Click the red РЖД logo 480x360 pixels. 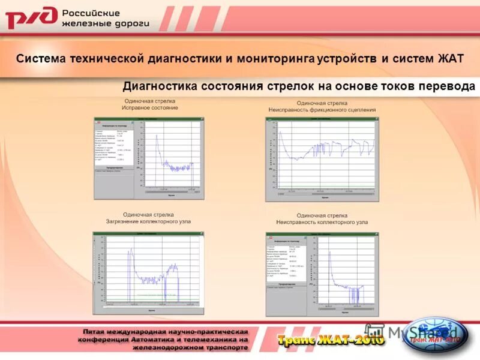(x=32, y=19)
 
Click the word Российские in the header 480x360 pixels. (x=91, y=13)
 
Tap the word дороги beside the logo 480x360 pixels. (x=129, y=25)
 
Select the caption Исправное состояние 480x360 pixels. (x=151, y=108)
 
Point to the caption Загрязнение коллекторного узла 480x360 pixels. (x=148, y=221)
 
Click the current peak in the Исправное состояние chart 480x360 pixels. (x=156, y=136)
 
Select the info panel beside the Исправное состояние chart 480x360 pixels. (x=116, y=146)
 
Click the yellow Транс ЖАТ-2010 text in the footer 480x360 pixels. (x=330, y=340)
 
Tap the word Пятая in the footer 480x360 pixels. (x=98, y=332)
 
